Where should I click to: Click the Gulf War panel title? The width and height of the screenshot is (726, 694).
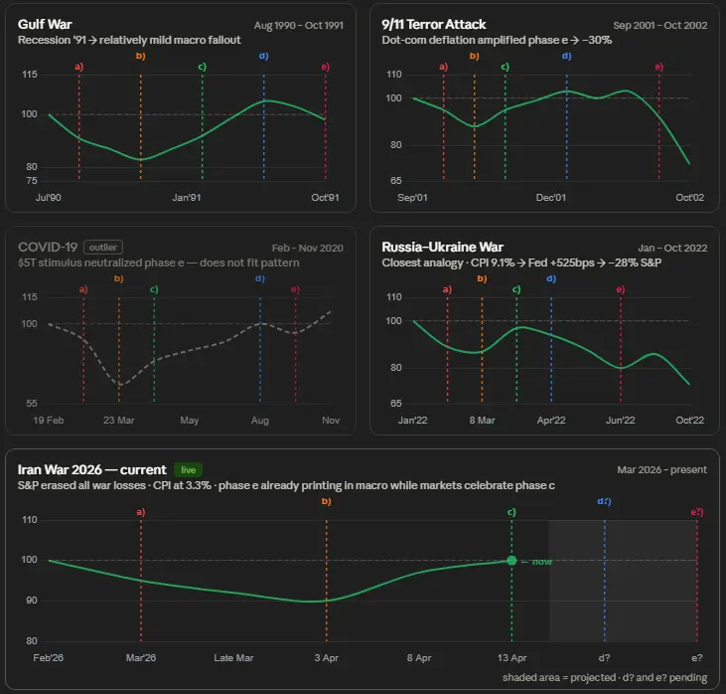click(x=52, y=24)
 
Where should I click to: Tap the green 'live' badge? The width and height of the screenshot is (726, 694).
click(x=186, y=469)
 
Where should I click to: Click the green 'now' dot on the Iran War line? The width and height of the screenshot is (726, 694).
click(x=511, y=561)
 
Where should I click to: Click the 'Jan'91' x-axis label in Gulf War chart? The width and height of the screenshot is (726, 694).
click(x=188, y=197)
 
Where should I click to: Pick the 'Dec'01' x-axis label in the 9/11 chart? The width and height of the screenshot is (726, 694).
click(x=551, y=197)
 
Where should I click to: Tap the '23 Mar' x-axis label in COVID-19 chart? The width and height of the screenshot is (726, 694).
click(x=119, y=421)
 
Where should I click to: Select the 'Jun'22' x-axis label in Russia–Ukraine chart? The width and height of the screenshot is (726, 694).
click(x=621, y=421)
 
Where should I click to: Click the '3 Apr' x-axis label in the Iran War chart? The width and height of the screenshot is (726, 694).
click(x=327, y=657)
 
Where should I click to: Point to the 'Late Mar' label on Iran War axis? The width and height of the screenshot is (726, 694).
click(x=233, y=657)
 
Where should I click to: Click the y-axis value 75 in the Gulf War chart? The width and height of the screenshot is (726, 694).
click(x=30, y=181)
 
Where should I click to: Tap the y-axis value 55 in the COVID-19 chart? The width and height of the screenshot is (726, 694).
click(x=30, y=404)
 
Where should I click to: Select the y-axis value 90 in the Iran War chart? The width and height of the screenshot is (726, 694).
click(x=30, y=601)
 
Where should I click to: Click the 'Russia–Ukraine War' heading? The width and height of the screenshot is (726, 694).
click(x=443, y=248)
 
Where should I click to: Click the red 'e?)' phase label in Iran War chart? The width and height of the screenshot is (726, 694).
click(x=696, y=512)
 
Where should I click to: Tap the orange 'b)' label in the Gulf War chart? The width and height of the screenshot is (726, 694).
click(x=140, y=56)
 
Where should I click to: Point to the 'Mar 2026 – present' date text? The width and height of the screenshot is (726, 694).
click(x=662, y=470)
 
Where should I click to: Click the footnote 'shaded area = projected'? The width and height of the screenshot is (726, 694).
click(x=556, y=677)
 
